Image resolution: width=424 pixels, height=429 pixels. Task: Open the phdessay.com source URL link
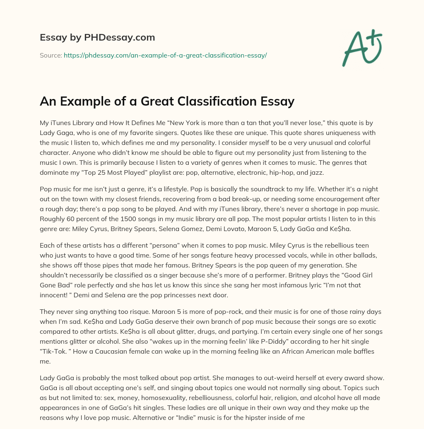(x=165, y=55)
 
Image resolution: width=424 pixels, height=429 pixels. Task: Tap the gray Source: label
(x=51, y=55)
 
